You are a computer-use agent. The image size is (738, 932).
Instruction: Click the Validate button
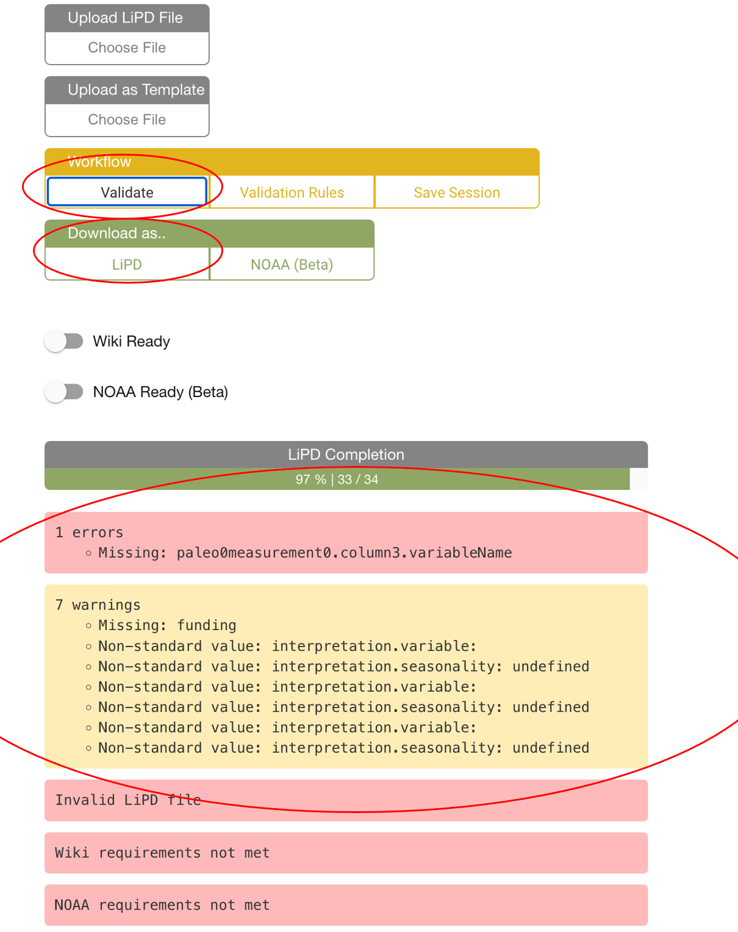[127, 192]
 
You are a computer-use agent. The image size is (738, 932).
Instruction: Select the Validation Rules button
[292, 192]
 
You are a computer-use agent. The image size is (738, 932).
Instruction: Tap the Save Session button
[457, 192]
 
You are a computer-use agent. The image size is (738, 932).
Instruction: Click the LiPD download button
[127, 264]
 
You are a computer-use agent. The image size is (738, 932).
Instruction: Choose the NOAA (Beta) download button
[292, 264]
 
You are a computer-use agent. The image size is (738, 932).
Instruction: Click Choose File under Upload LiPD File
[127, 48]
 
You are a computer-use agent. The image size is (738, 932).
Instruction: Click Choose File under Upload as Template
[127, 120]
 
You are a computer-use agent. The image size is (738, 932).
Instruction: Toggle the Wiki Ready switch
[63, 342]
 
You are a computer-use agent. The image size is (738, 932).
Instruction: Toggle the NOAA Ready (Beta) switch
[63, 392]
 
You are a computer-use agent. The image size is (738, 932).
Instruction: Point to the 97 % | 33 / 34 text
[337, 479]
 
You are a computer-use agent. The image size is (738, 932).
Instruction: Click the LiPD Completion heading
[346, 454]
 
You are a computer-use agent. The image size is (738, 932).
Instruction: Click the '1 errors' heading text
[89, 532]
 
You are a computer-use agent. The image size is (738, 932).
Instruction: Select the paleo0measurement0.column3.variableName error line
[305, 553]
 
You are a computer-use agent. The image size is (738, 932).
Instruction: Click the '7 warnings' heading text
[98, 604]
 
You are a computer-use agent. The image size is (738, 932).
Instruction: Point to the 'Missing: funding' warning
[167, 625]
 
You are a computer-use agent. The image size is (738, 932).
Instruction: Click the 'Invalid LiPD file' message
[128, 800]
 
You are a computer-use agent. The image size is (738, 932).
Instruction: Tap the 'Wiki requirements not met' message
[162, 853]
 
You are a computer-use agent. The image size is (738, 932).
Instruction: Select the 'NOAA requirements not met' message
[162, 905]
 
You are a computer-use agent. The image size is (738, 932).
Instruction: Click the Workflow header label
[99, 162]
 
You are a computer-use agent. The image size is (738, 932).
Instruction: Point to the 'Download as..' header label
[116, 233]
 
